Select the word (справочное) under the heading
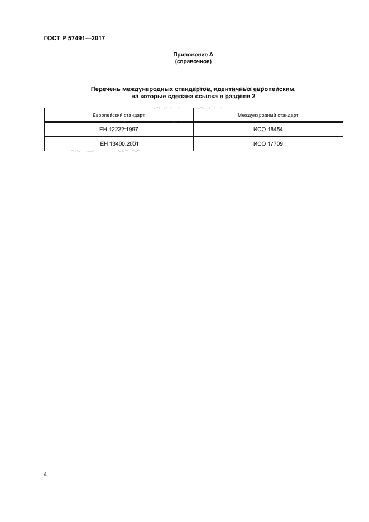193,61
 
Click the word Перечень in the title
108,89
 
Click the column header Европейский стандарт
118,115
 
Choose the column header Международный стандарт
268,115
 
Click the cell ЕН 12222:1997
118,130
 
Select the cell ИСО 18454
268,130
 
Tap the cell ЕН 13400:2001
118,143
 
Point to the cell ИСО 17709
268,143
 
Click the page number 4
45,475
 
